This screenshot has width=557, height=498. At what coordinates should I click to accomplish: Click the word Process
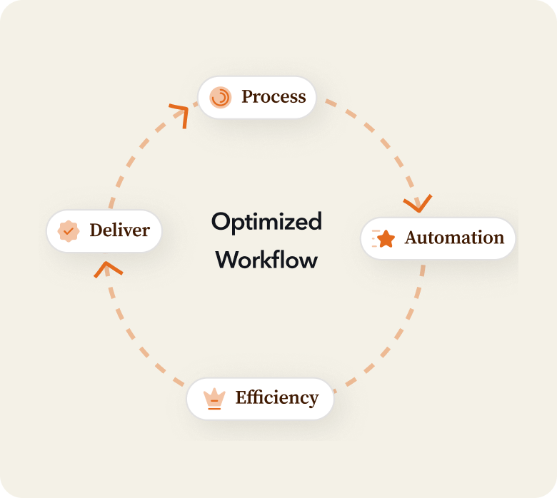pos(274,96)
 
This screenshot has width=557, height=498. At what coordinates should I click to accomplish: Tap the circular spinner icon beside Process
pos(221,97)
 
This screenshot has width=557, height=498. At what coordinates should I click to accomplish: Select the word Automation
pos(454,238)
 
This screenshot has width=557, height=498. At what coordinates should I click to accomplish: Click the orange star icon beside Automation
pos(386,238)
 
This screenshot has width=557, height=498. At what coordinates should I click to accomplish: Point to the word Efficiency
pos(277,397)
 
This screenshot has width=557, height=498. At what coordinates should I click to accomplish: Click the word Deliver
pos(119,230)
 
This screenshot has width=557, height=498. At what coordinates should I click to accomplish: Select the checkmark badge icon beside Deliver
pos(68,231)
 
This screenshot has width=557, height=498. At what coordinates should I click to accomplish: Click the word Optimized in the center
pos(266,222)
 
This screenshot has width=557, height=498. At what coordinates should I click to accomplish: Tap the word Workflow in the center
pos(266,259)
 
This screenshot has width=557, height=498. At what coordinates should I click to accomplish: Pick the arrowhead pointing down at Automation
pos(418,204)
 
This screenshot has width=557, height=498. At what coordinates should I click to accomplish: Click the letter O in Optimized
pos(220,222)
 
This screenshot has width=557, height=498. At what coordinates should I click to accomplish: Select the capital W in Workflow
pos(226,259)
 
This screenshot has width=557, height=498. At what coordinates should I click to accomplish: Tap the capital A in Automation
pos(411,238)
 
